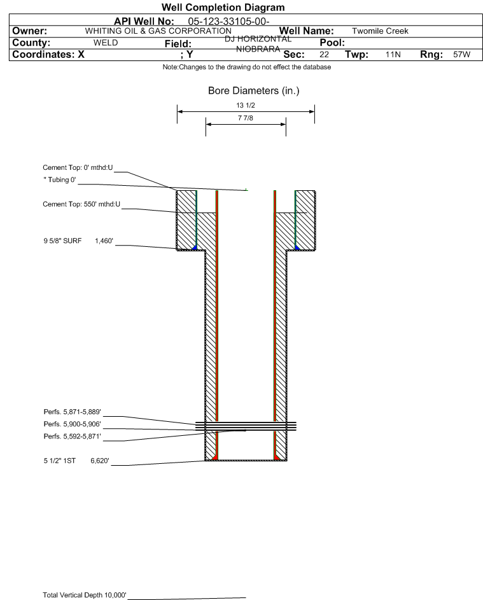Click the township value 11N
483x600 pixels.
coord(393,55)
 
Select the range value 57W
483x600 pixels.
coord(461,55)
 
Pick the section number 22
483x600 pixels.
coord(324,55)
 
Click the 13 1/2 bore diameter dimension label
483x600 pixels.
coord(246,106)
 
